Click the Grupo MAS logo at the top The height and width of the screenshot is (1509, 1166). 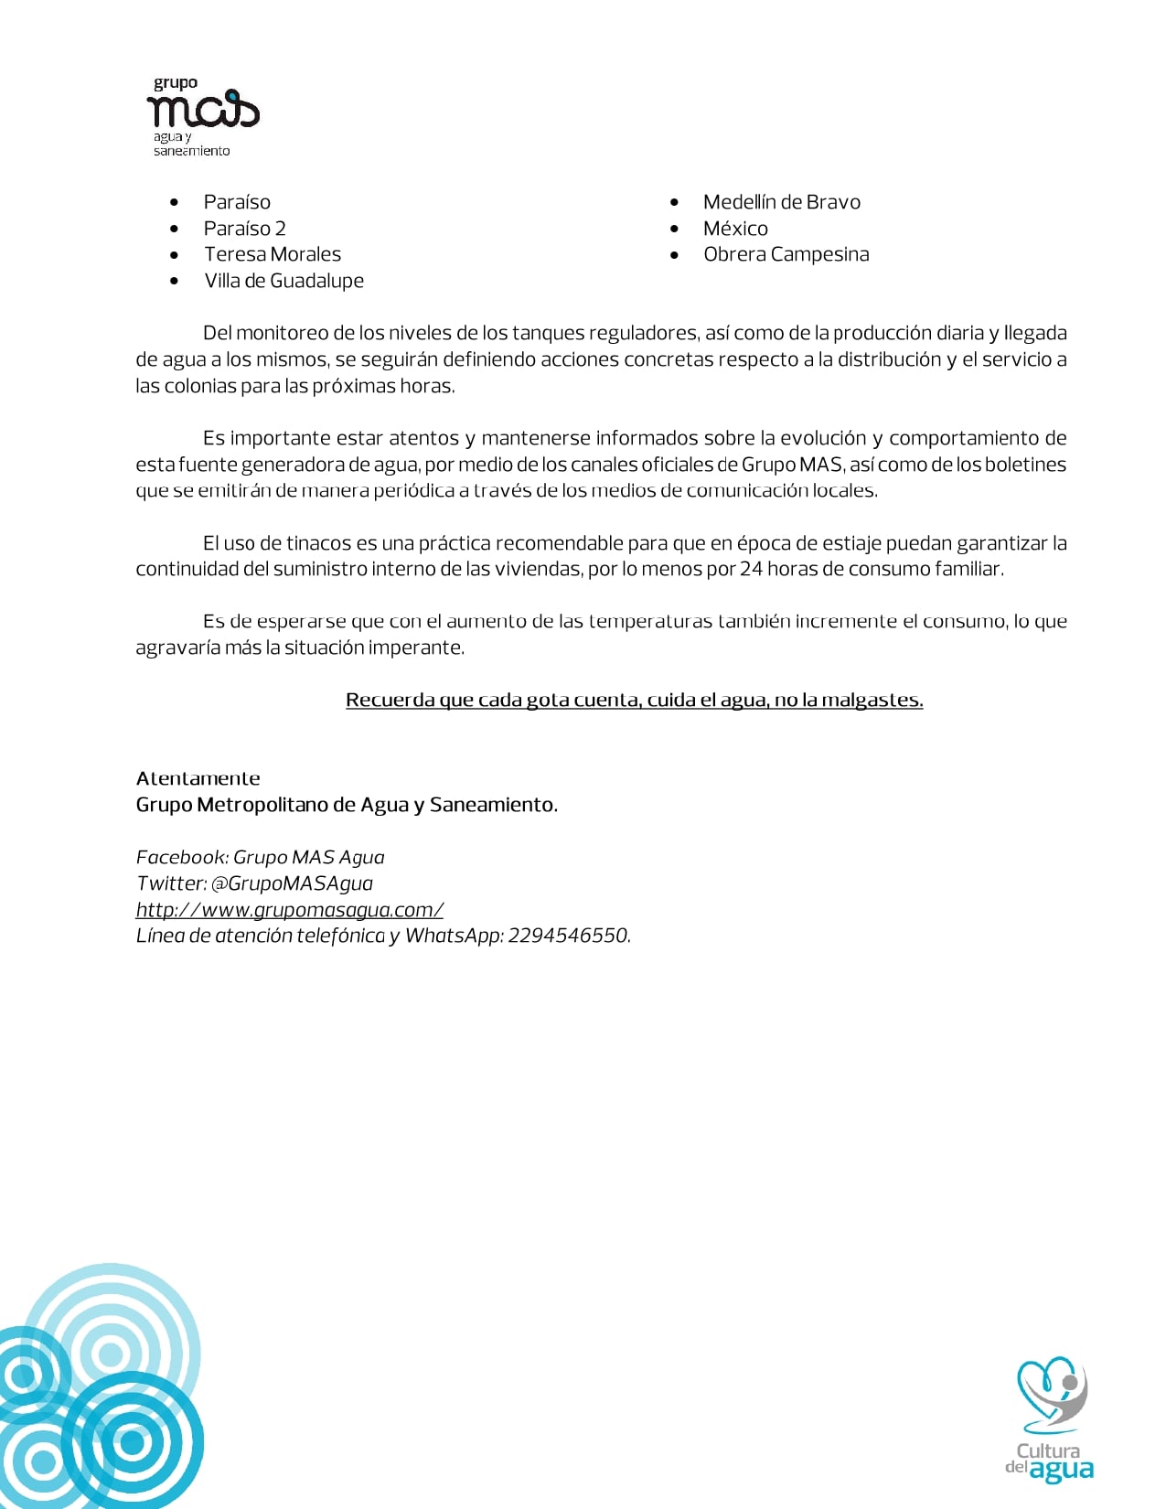tap(202, 114)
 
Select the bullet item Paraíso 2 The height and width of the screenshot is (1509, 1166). tap(244, 229)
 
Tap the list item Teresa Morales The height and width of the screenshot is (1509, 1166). tap(272, 254)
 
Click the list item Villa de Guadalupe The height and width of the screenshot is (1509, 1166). tap(283, 281)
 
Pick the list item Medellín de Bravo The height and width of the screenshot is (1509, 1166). tap(781, 202)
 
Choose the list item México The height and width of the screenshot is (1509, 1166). tap(735, 229)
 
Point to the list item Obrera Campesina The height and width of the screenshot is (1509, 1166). tap(786, 254)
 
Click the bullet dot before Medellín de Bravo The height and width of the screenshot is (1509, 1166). tap(674, 202)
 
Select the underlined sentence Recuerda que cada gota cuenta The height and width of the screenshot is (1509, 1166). tap(634, 701)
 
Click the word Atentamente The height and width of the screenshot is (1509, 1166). tap(198, 778)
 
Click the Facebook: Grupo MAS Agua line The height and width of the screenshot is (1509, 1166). tap(260, 857)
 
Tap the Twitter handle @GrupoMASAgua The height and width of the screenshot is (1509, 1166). tap(292, 883)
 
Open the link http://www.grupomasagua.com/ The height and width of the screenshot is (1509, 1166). tap(289, 910)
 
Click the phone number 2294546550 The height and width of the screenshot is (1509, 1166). tap(568, 936)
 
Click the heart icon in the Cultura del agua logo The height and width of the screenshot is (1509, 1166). tap(1051, 1393)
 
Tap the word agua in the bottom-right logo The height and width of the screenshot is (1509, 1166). tap(1061, 1471)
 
